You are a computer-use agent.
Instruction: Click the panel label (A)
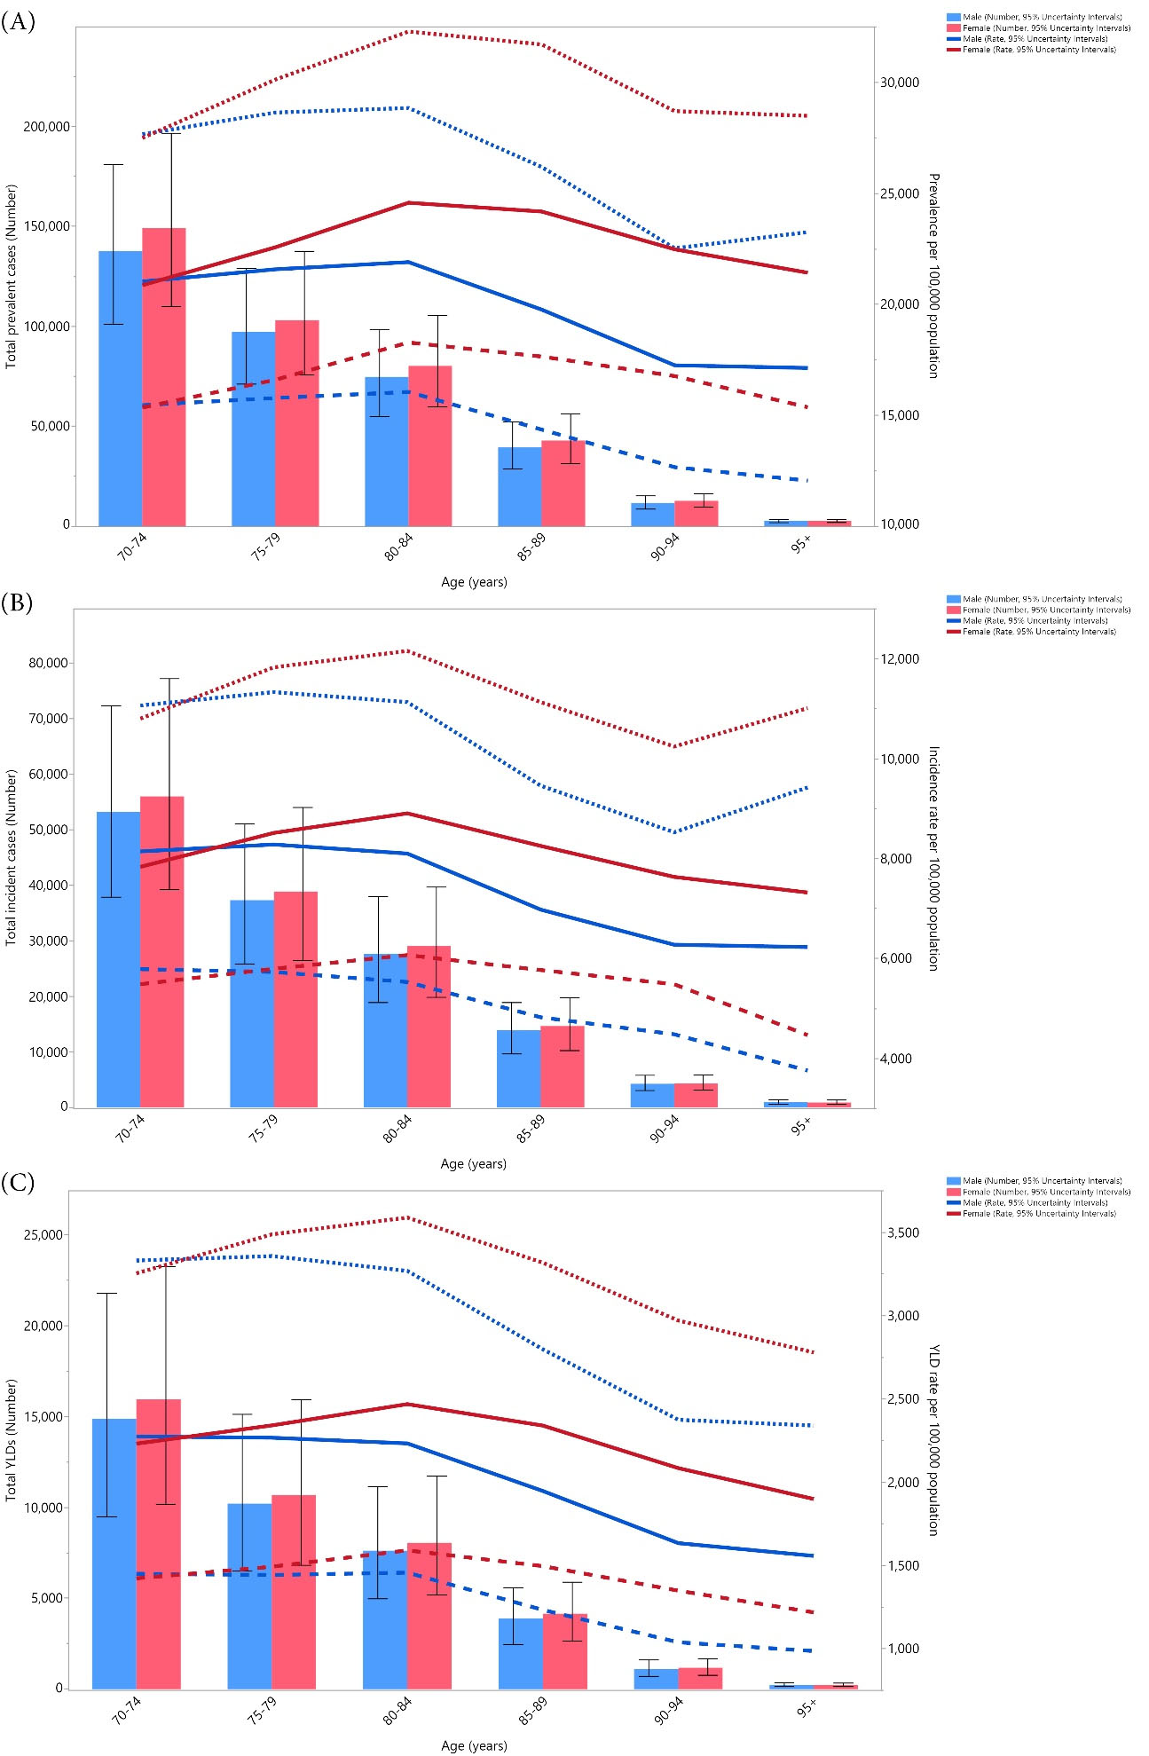point(18,22)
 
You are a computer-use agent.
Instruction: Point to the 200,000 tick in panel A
point(47,127)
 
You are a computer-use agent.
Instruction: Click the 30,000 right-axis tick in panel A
point(899,83)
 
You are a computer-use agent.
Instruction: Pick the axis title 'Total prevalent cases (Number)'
point(12,277)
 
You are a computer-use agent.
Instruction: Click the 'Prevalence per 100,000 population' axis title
point(933,275)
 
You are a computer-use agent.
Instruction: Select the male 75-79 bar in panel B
point(252,1004)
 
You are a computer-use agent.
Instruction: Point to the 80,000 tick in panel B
point(49,663)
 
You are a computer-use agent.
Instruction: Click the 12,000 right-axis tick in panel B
point(899,659)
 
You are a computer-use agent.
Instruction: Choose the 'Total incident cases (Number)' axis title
point(12,857)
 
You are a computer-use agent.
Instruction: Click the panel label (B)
point(18,603)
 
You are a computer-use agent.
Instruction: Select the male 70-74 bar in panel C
point(114,1554)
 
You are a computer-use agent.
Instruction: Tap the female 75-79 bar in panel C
point(294,1592)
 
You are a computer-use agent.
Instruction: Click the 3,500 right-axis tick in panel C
point(903,1233)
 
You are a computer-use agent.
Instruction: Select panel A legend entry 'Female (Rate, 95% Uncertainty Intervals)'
point(1039,50)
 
